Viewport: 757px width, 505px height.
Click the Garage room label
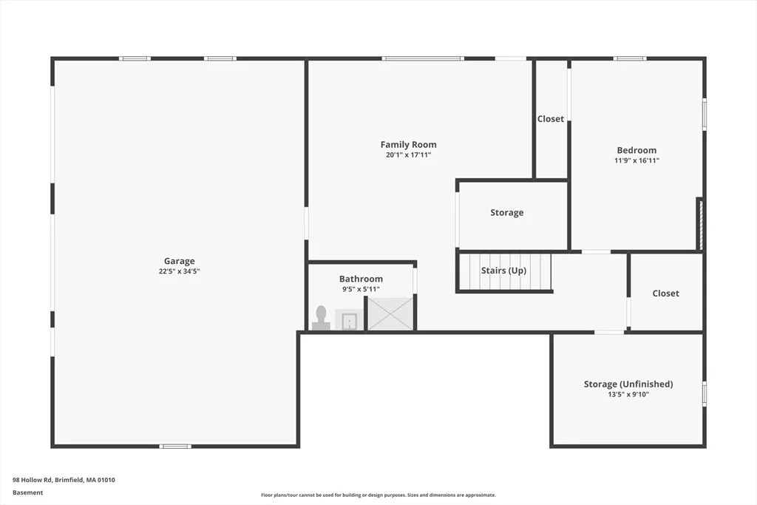point(179,261)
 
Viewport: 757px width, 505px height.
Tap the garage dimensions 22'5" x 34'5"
point(179,271)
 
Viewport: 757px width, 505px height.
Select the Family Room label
point(408,144)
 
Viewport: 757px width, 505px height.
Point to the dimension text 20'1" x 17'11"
point(408,155)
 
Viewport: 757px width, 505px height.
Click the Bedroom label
point(637,150)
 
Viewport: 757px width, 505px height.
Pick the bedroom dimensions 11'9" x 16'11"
point(637,160)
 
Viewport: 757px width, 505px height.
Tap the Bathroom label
point(361,279)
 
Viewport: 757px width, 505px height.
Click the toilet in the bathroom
point(321,318)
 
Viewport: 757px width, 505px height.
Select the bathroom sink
point(349,320)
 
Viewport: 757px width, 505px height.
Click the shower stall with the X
point(390,313)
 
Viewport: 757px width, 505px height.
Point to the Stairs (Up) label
point(503,271)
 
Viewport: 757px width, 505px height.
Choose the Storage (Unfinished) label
point(628,384)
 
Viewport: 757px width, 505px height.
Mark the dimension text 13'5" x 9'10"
point(628,394)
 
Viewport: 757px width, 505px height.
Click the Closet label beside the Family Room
point(551,119)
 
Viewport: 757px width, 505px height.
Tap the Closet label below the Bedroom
point(666,294)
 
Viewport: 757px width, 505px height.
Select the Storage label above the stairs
point(507,213)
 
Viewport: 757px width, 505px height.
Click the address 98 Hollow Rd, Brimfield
point(64,480)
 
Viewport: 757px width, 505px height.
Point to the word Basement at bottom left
point(28,492)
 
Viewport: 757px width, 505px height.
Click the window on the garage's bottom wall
point(175,446)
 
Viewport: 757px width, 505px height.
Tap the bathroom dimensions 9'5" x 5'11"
point(361,289)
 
